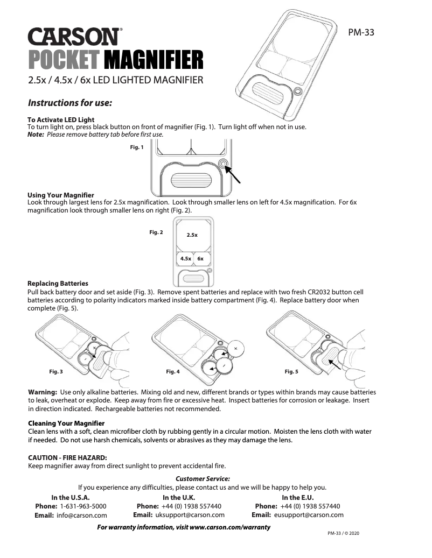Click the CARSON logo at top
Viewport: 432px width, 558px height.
click(x=75, y=37)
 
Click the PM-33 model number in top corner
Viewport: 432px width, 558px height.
click(x=361, y=32)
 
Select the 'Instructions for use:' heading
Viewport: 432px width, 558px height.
click(x=69, y=102)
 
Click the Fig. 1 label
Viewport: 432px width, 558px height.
click(x=137, y=147)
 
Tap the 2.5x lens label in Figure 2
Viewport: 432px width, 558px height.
click(x=192, y=235)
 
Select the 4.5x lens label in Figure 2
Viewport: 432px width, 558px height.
click(x=185, y=259)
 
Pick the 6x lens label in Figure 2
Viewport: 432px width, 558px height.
click(x=200, y=259)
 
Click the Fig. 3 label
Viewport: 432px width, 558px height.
click(x=56, y=372)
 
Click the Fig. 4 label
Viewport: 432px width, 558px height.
click(x=173, y=372)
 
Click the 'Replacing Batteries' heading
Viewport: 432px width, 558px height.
click(x=58, y=283)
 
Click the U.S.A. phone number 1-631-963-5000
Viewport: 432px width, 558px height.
click(x=83, y=506)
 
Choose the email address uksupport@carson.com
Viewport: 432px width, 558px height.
click(x=190, y=515)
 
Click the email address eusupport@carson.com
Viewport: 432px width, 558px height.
click(x=309, y=515)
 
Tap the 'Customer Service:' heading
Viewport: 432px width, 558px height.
click(x=203, y=478)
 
